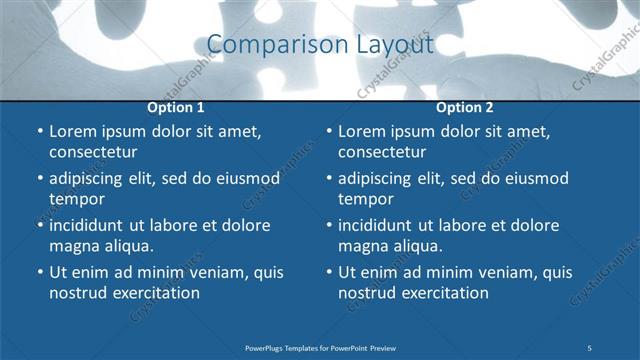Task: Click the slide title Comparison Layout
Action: pos(320,45)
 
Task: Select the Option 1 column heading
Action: pos(176,107)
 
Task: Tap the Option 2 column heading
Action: pos(465,107)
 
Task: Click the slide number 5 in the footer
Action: pos(589,347)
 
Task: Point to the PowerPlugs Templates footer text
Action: pos(320,347)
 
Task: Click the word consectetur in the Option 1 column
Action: pos(93,152)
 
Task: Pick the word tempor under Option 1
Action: pos(76,199)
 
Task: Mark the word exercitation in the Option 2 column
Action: pos(444,293)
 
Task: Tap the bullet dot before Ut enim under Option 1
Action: pos(39,272)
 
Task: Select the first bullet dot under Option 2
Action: pos(328,131)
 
